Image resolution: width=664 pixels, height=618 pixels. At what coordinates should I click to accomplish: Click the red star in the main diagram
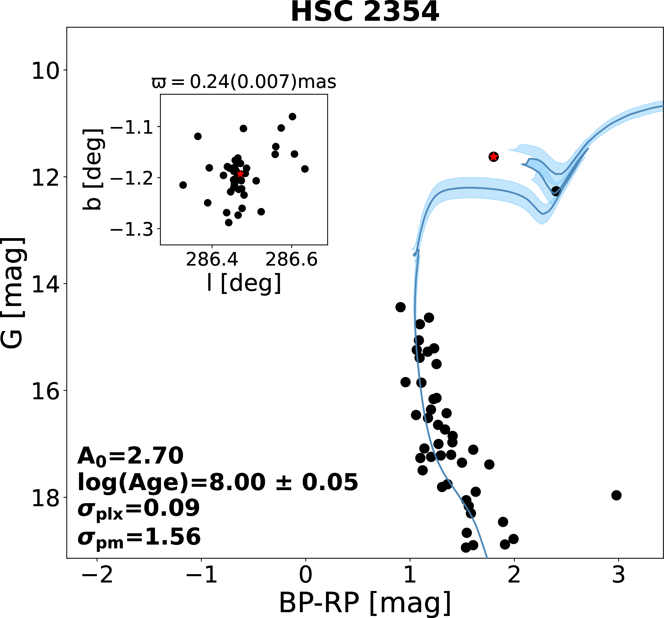(493, 156)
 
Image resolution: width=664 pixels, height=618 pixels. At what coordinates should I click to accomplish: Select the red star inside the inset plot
(240, 174)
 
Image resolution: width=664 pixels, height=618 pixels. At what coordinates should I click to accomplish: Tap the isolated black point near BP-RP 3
(616, 495)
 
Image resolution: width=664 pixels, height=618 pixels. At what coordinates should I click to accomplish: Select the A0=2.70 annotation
(130, 456)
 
